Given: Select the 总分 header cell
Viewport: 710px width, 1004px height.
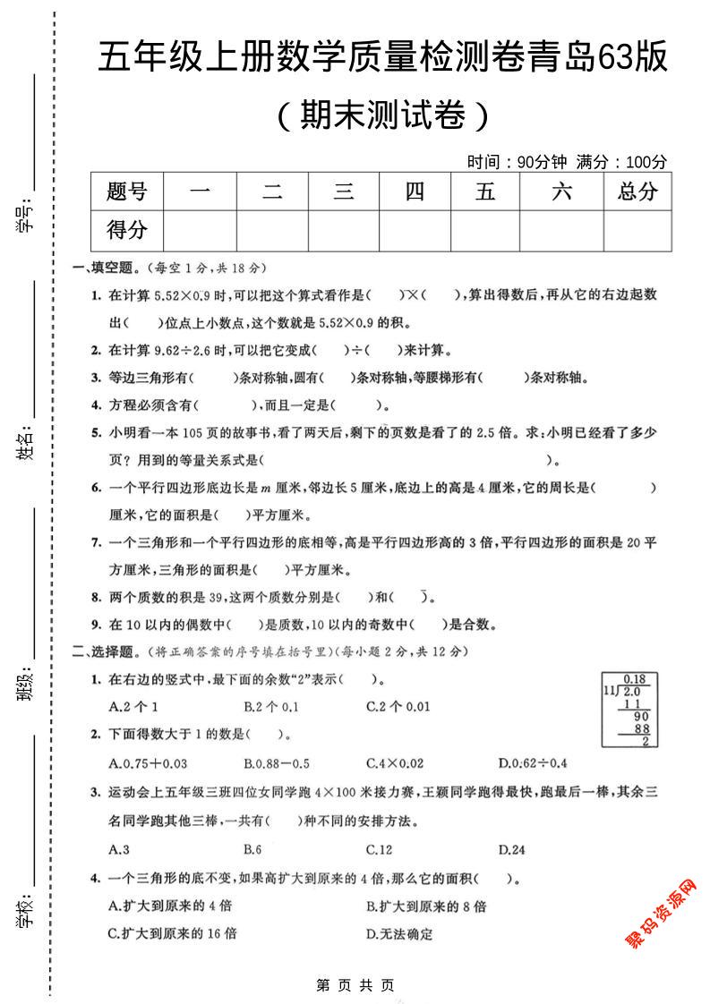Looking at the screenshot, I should coord(637,191).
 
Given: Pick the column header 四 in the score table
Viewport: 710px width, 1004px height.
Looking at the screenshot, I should coord(415,191).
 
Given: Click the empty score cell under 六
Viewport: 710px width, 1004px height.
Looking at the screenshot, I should coord(561,231).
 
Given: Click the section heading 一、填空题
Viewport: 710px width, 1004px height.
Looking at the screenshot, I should coord(104,268).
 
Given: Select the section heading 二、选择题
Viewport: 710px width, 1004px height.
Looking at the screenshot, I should coord(104,651).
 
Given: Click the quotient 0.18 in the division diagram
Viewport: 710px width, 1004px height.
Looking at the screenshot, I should coord(634,678).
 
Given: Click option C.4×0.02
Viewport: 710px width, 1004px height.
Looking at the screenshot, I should coord(395,763).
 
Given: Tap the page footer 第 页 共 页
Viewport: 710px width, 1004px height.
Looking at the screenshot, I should coord(355,985).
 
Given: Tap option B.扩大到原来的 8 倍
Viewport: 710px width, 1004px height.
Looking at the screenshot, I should coord(426,906).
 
